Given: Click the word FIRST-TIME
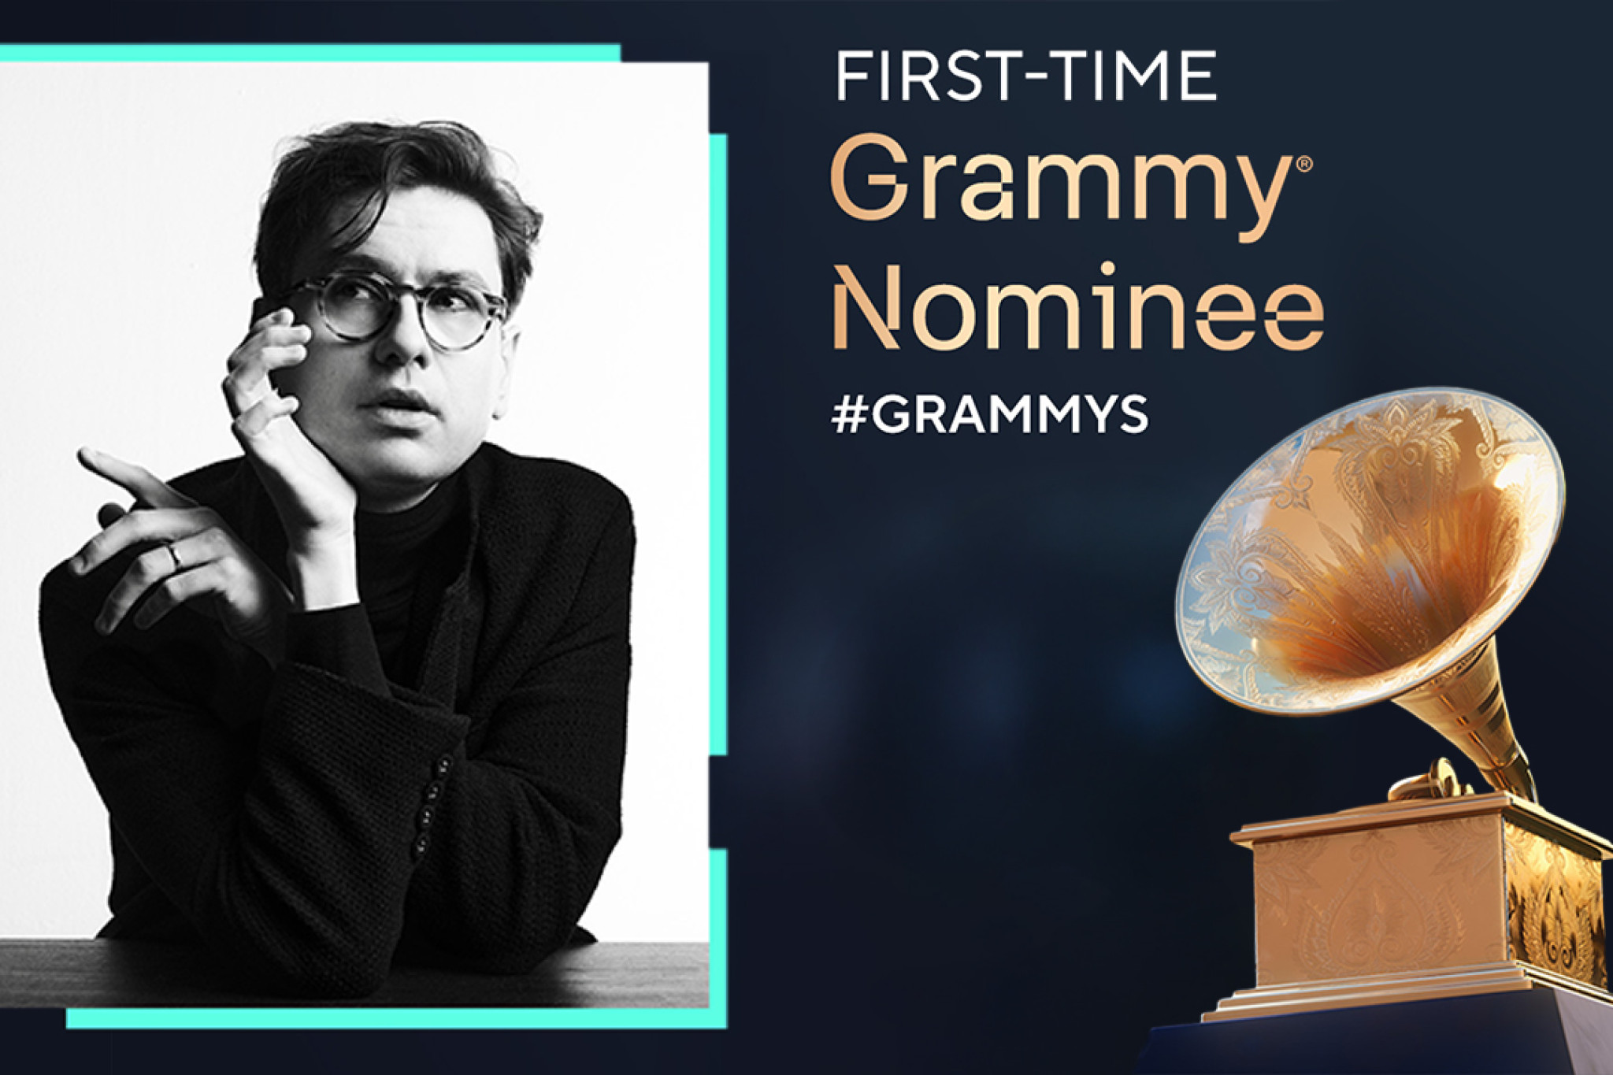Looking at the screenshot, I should (x=1025, y=76).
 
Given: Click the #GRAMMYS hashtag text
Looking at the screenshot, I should (x=989, y=415).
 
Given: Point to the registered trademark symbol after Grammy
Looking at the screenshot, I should (x=1303, y=165).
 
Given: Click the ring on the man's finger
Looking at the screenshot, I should (x=176, y=557).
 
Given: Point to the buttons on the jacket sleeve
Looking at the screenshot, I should (x=429, y=803).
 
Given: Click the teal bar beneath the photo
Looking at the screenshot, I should (x=394, y=1018).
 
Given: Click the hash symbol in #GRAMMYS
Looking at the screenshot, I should (x=849, y=415).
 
